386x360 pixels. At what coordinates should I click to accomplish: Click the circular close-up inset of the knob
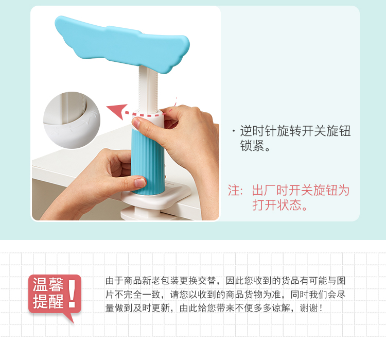72,120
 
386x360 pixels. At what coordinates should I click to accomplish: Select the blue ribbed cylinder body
148,160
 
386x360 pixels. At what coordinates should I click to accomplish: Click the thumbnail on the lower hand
139,183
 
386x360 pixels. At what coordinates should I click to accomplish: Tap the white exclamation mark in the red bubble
72,294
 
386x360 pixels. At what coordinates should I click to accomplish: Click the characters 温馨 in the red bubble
48,285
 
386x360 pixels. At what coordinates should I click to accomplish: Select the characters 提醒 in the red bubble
48,301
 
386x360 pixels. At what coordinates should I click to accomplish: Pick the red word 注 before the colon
233,190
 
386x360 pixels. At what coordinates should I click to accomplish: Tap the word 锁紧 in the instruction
252,146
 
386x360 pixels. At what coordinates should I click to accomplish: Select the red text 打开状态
277,205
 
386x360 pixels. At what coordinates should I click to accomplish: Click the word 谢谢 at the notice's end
309,308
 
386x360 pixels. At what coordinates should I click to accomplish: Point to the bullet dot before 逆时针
233,131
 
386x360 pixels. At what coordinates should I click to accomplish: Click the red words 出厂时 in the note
270,190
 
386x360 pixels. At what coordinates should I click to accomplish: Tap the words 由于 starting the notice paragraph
114,281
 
